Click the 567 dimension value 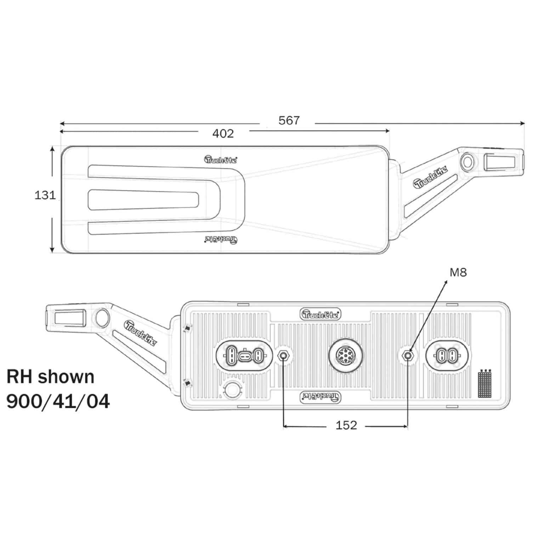(289, 121)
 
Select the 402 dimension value (223, 134)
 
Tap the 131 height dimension (45, 195)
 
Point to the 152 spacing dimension (346, 425)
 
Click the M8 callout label (458, 272)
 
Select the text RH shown (51, 376)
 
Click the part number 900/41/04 (58, 402)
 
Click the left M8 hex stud (283, 355)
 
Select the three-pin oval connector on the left (244, 355)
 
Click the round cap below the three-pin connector (232, 390)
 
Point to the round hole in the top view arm (467, 162)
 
